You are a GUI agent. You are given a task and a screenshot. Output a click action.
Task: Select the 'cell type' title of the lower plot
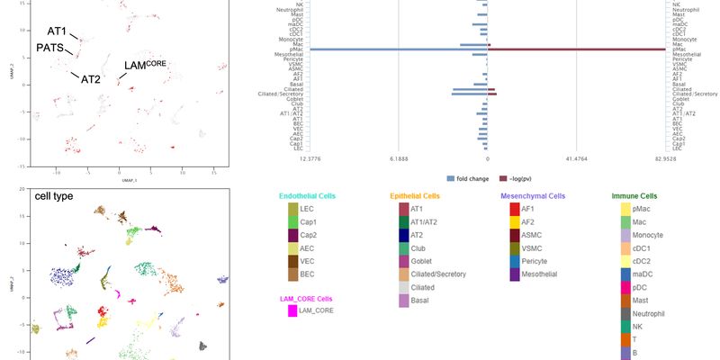point(54,195)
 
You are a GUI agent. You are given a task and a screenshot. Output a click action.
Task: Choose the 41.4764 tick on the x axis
point(576,159)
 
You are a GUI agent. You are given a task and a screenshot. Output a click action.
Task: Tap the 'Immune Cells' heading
point(634,195)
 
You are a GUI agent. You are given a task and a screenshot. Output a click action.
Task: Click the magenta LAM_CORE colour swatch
point(292,311)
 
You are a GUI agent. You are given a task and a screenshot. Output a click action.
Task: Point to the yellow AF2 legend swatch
point(515,221)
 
